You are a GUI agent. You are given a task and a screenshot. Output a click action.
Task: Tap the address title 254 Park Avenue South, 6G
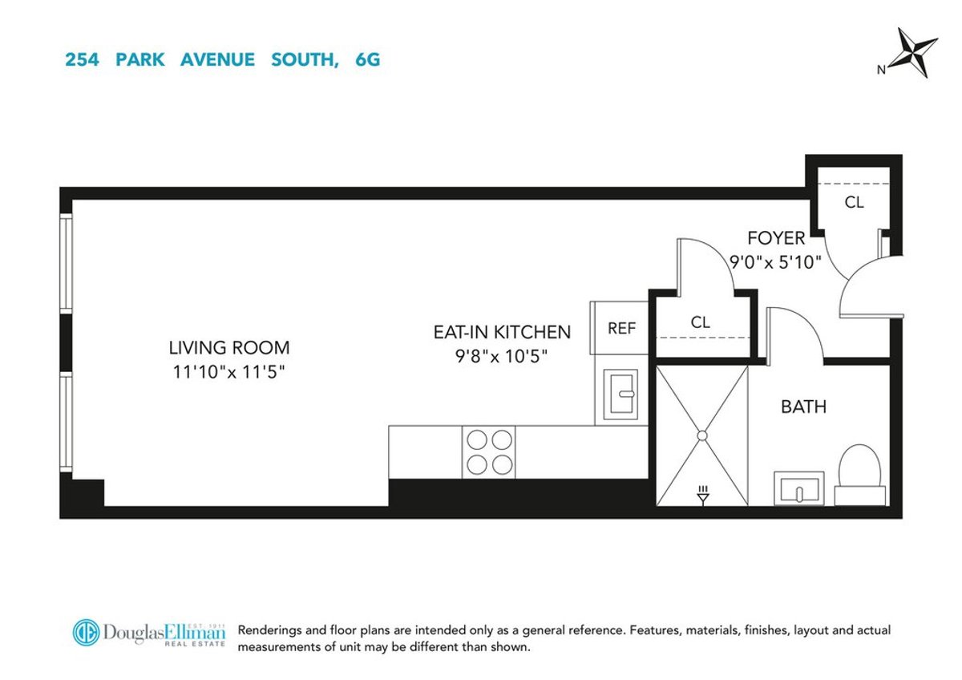(x=222, y=59)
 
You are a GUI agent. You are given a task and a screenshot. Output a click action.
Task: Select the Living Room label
(x=228, y=348)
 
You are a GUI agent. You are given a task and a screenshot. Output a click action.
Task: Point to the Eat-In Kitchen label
(x=502, y=332)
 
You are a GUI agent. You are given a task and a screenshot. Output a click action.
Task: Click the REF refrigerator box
(x=621, y=328)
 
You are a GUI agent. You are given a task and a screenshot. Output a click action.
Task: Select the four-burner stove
(x=489, y=452)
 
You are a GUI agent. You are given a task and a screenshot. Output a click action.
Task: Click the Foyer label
(x=775, y=238)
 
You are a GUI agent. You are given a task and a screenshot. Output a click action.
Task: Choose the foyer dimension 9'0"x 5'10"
(x=775, y=261)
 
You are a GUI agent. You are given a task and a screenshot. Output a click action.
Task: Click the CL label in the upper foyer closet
(x=854, y=203)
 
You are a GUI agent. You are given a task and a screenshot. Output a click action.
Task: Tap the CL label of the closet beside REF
(x=700, y=322)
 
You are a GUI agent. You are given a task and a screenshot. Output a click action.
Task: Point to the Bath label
(x=803, y=407)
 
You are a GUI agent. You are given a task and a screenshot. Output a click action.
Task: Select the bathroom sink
(x=798, y=488)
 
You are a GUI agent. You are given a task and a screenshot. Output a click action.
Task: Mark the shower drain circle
(x=701, y=435)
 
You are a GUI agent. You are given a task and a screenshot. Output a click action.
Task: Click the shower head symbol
(x=703, y=495)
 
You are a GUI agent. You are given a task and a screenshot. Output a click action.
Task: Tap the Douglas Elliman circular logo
(x=86, y=633)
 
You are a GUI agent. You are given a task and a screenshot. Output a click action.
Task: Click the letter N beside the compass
(x=881, y=70)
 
